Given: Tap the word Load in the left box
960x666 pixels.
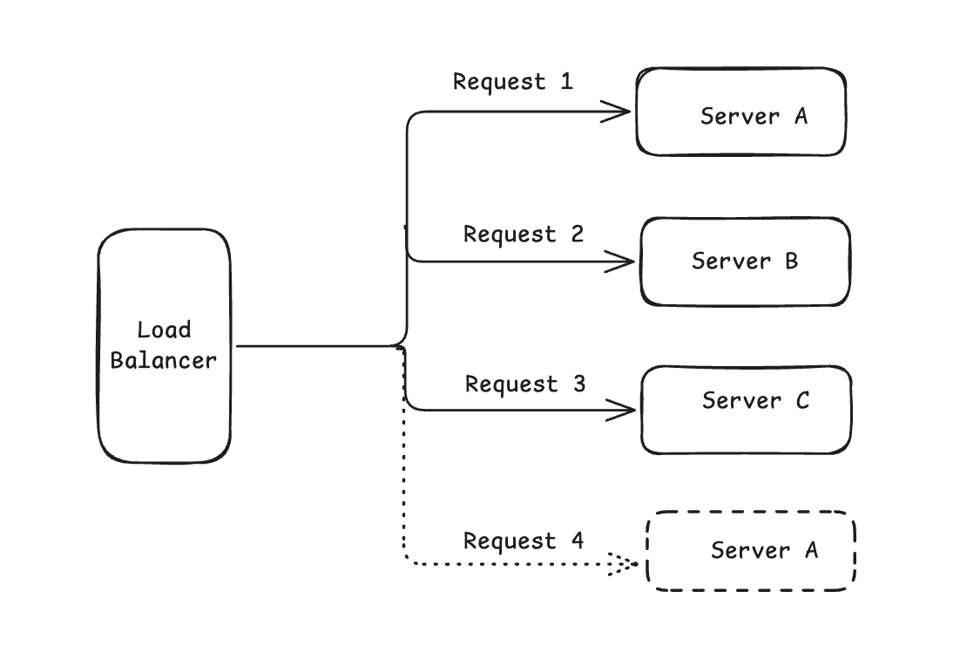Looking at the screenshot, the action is tap(164, 330).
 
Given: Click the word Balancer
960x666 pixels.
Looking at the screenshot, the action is tap(164, 360).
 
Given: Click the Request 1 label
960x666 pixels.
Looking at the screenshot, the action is tap(513, 82).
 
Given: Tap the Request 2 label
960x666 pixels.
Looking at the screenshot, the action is tap(524, 234).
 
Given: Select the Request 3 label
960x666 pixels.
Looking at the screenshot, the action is tap(525, 384).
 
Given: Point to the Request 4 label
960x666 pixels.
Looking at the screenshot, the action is tap(524, 541).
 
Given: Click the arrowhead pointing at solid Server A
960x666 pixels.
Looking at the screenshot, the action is tap(616, 112).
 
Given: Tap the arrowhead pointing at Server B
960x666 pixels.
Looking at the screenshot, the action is tap(620, 262).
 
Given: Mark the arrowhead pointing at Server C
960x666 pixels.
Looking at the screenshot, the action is tap(621, 410).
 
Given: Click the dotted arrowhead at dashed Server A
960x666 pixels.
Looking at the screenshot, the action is tap(623, 564).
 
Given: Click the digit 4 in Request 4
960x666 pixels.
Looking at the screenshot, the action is tap(578, 540).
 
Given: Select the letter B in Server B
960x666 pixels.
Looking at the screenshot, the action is tap(792, 261).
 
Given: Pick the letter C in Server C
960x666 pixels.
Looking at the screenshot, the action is tap(802, 401).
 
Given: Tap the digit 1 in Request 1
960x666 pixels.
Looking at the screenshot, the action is tap(567, 81).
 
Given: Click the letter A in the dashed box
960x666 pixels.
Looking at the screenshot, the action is tap(811, 550).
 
